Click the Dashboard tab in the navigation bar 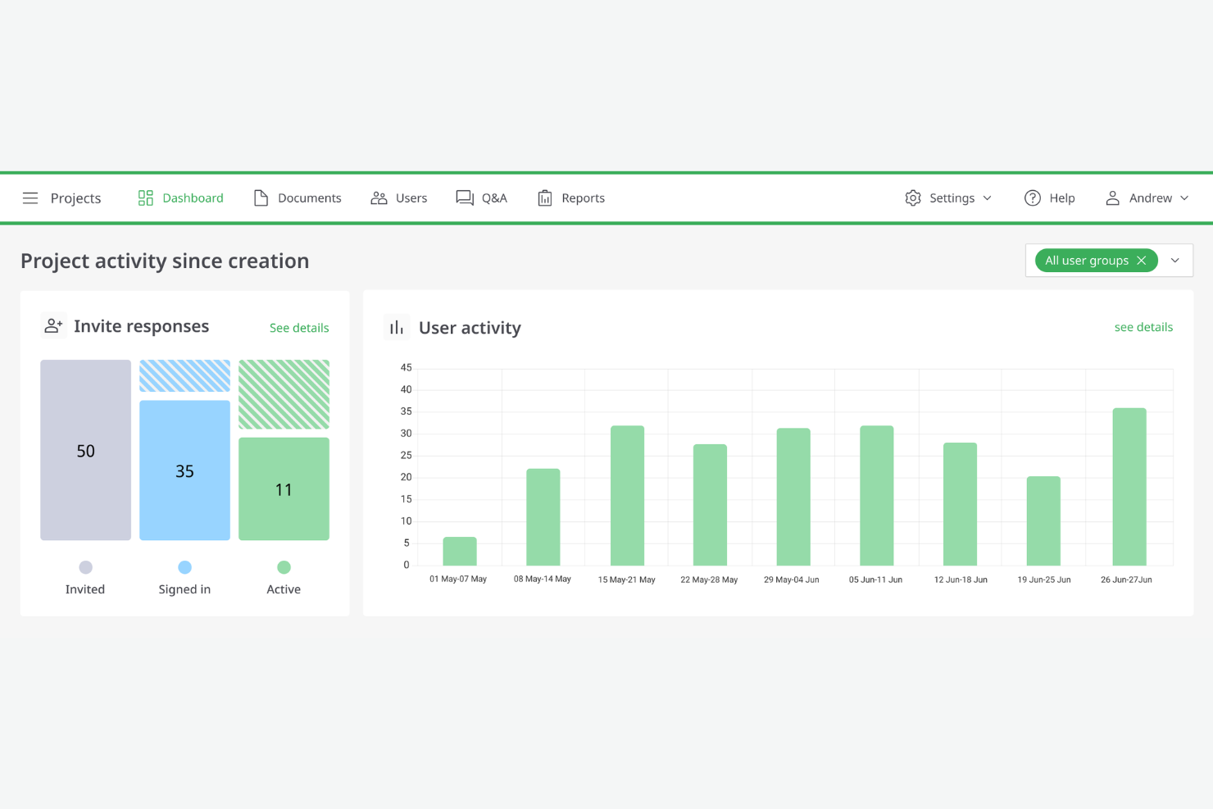181,198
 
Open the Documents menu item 298,198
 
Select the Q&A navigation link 482,198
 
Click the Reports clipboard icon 545,198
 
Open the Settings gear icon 913,198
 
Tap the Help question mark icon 1033,198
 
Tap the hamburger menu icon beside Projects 30,198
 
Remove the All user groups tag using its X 1142,261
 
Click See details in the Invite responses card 299,328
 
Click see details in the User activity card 1143,327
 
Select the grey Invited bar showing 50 86,450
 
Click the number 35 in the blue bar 184,471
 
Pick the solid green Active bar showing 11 284,489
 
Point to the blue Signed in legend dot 184,567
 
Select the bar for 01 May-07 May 460,552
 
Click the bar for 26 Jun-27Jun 1129,487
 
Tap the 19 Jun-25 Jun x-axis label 1044,579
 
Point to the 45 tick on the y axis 406,368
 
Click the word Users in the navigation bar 411,198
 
